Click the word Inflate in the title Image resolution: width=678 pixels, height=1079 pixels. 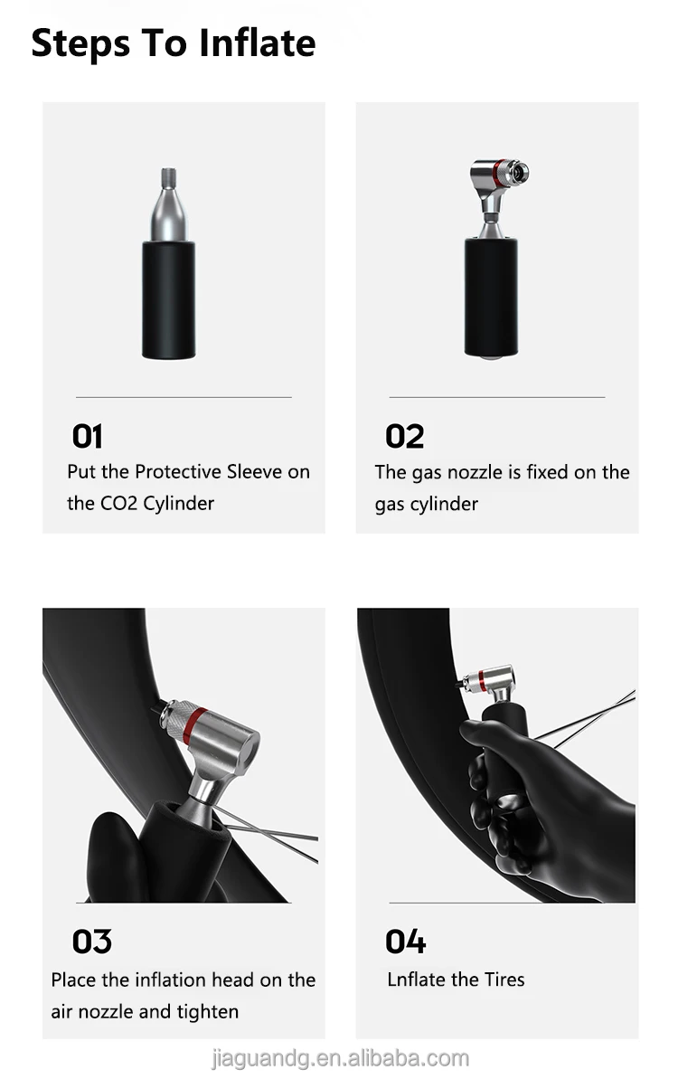click(x=258, y=43)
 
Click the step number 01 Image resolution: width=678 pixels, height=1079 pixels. click(x=88, y=437)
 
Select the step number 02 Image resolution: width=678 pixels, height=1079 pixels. click(x=404, y=437)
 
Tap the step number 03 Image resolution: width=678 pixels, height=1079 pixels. click(x=91, y=942)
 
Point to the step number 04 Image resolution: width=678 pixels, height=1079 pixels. click(x=405, y=942)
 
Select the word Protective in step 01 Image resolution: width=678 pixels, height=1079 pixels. click(x=178, y=472)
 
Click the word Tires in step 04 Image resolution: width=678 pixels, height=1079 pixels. click(x=503, y=980)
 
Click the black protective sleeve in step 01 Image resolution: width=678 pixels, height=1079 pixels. click(x=167, y=298)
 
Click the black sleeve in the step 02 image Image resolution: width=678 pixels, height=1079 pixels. click(x=491, y=297)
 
